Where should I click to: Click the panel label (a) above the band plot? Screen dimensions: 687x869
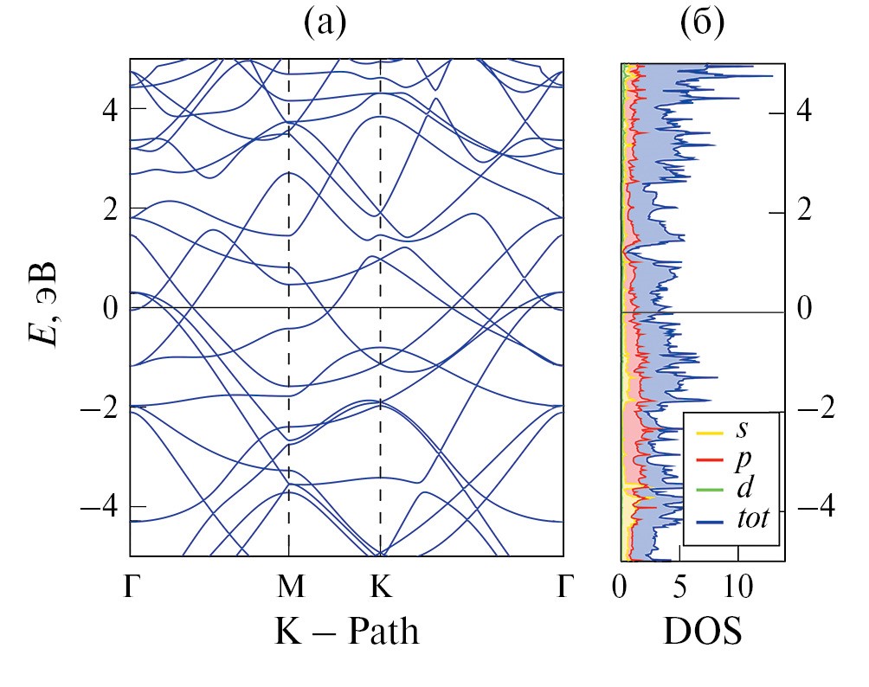coord(325,24)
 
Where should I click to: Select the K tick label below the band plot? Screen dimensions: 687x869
coord(381,587)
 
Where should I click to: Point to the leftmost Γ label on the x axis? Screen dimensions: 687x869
coord(131,587)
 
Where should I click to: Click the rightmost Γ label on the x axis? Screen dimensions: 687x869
coord(563,587)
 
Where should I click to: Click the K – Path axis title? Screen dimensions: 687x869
coord(347,632)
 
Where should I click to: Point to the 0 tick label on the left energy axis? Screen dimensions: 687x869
coord(111,308)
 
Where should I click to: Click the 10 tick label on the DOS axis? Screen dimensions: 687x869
coord(737,587)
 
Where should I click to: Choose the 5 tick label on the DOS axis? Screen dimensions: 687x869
coord(679,587)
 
